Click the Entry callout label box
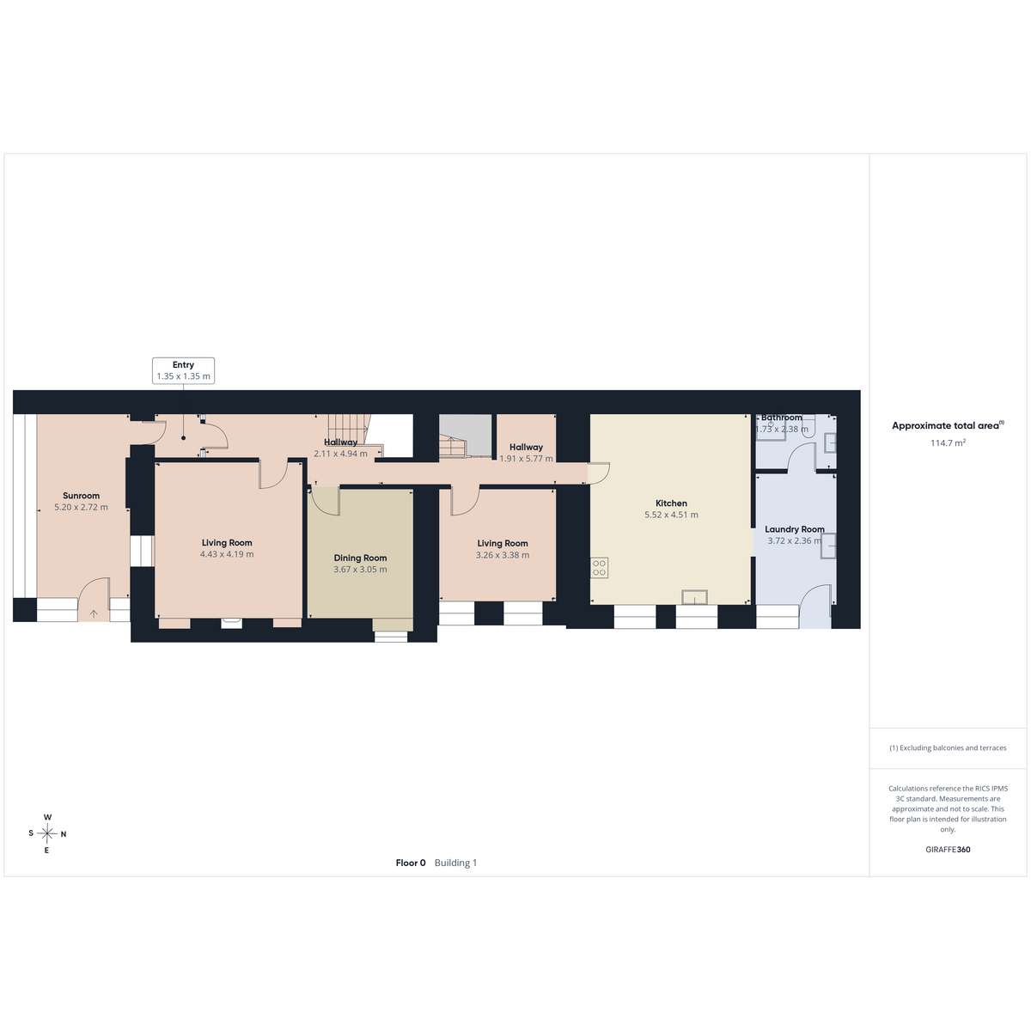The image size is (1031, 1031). [183, 370]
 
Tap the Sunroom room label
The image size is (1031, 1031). [82, 496]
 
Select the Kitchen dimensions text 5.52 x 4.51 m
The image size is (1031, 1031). [671, 515]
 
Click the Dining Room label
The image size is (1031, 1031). [360, 558]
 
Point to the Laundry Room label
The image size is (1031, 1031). [795, 529]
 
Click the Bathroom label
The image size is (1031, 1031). [782, 418]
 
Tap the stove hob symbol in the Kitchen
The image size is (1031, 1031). [600, 568]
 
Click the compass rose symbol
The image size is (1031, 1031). [47, 833]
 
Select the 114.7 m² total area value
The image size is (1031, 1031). [948, 443]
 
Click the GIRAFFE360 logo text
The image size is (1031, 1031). [948, 849]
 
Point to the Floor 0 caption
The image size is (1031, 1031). [411, 863]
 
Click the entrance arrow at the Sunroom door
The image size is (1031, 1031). [94, 613]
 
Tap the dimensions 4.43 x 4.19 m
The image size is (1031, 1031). [227, 554]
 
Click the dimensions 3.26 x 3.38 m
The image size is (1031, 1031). [503, 555]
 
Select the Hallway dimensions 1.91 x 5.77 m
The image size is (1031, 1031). [526, 459]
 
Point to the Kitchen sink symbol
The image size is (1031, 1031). [694, 597]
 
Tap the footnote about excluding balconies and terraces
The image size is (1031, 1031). [948, 747]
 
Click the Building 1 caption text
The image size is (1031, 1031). [455, 863]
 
